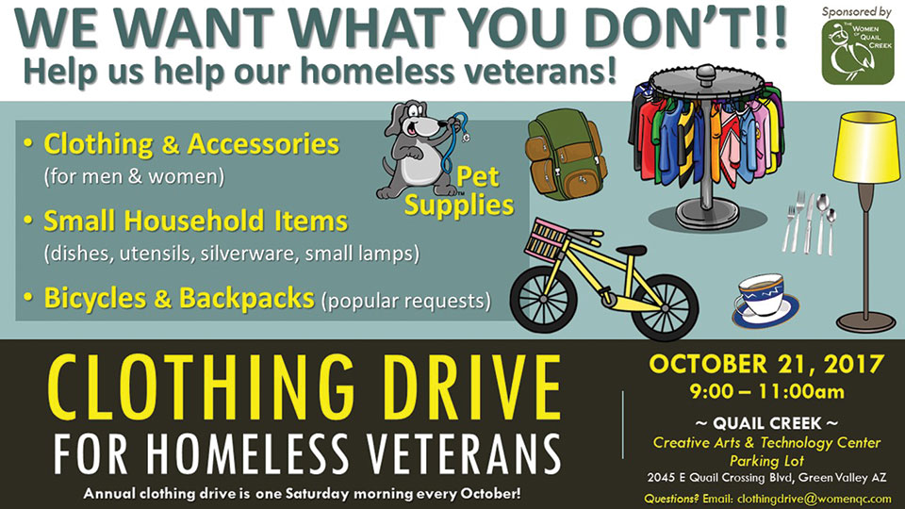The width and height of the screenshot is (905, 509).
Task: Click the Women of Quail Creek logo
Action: click(x=857, y=53)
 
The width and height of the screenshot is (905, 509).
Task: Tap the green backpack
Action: click(x=565, y=155)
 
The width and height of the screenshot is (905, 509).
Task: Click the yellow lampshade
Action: click(x=867, y=147)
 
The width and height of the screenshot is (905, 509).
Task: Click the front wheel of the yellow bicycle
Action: click(x=543, y=299)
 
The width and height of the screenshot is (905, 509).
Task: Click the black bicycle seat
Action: click(x=631, y=250)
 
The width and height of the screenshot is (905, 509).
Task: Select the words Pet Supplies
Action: click(x=459, y=191)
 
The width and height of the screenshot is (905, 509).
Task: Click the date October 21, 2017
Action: click(x=766, y=364)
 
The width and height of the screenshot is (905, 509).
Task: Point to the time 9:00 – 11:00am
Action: click(x=766, y=392)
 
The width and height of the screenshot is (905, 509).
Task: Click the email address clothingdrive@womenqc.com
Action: click(x=814, y=499)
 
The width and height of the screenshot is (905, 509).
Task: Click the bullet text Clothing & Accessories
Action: click(x=191, y=144)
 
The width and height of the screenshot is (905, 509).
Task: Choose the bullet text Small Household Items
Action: click(x=196, y=221)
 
